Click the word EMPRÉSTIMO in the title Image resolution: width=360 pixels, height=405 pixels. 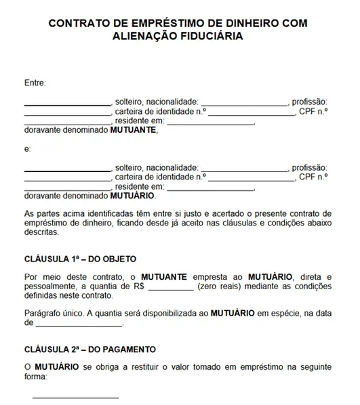point(151,22)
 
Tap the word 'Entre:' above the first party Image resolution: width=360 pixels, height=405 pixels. point(35,83)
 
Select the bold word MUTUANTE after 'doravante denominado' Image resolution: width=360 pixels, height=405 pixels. point(134,131)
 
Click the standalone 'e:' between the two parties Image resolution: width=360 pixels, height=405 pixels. point(28,148)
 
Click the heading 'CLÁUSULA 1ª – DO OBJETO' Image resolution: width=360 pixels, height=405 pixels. point(80,259)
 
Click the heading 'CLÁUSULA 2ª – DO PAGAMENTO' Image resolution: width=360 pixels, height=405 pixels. point(90,349)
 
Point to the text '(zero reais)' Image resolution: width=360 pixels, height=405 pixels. point(218,286)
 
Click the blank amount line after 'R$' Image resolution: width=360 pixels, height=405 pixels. point(169,287)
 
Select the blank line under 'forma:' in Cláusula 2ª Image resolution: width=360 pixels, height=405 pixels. point(75,396)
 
